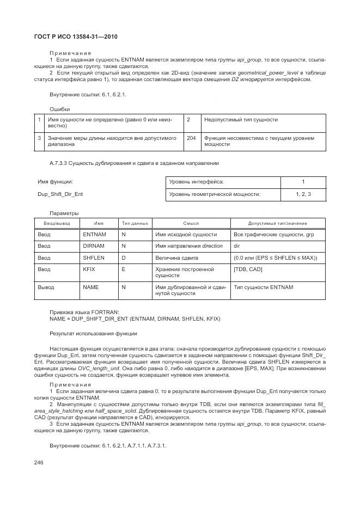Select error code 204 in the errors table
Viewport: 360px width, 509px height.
pyautogui.click(x=191, y=138)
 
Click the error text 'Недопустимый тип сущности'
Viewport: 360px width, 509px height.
pyautogui.click(x=241, y=119)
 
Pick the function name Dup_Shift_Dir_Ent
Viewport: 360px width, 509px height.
pyautogui.click(x=60, y=194)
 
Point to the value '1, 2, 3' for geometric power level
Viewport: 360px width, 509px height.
pyautogui.click(x=303, y=194)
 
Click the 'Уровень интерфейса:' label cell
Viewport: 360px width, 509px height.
pyautogui.click(x=197, y=182)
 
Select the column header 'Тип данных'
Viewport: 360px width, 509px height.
pyautogui.click(x=135, y=223)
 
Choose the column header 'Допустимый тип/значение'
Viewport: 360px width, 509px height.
pyautogui.click(x=278, y=223)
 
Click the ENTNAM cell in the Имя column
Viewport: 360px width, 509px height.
pyautogui.click(x=94, y=235)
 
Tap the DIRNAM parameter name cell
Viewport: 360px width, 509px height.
pyautogui.click(x=94, y=246)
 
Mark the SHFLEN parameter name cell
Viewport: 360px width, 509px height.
pyautogui.click(x=94, y=257)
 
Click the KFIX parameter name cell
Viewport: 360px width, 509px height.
pyautogui.click(x=89, y=269)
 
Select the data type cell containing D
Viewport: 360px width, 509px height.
pyautogui.click(x=124, y=257)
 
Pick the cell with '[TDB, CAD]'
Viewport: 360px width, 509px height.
pyautogui.click(x=248, y=269)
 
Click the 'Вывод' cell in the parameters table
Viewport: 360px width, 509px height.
pyautogui.click(x=46, y=286)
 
